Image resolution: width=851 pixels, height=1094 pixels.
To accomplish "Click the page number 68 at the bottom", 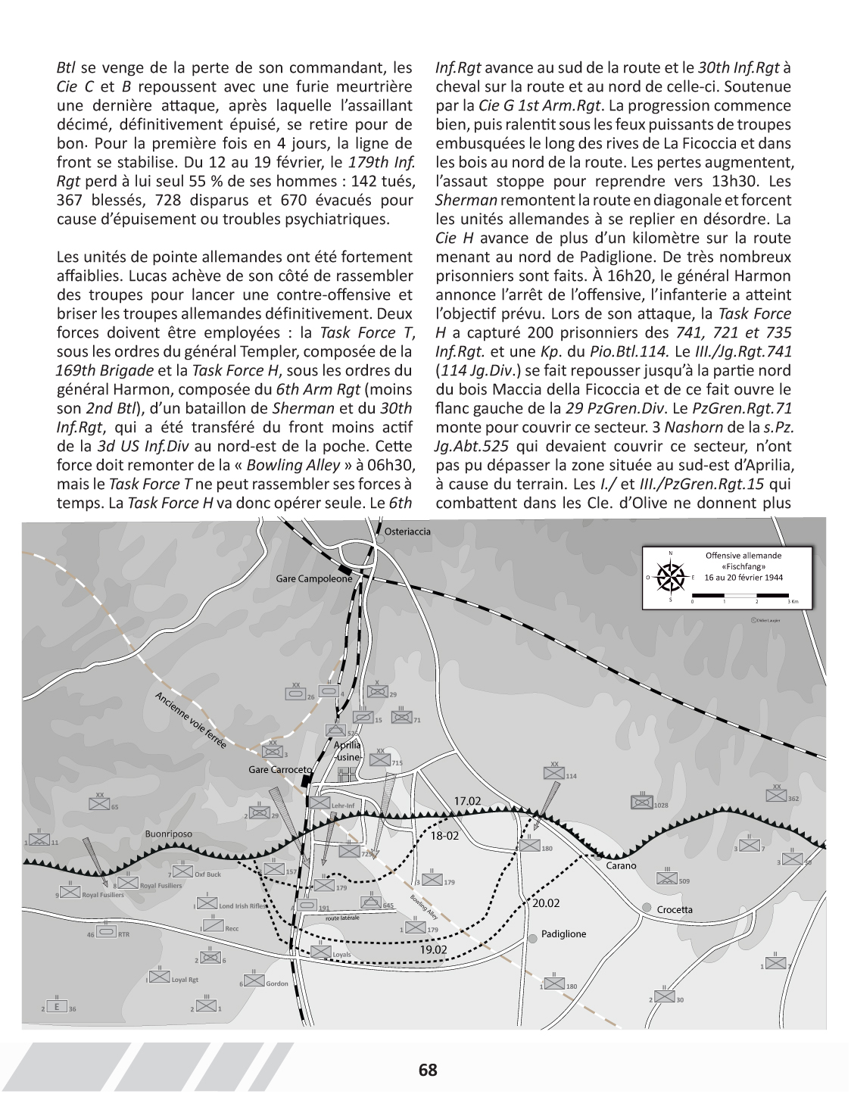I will tap(428, 1070).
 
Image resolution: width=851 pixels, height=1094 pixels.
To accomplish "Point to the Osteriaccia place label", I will tap(407, 531).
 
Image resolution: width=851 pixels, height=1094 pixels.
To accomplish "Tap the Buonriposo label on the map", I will tap(169, 834).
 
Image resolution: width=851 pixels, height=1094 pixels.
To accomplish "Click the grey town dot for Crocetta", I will tap(647, 908).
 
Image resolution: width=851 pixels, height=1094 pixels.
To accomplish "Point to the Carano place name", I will tap(621, 865).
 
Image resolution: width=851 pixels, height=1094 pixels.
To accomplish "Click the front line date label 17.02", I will tap(467, 801).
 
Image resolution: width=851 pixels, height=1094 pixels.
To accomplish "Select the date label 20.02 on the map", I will tap(546, 903).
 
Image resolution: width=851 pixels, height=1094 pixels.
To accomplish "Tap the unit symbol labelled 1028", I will tap(642, 803).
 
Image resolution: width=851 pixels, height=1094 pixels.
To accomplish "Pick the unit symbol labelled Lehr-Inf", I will tap(320, 805).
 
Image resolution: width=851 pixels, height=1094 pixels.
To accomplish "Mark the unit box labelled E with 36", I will tap(56, 1008).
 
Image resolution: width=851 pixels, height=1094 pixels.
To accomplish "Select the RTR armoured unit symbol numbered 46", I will tap(105, 933).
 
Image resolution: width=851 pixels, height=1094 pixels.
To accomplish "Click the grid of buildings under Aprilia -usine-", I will tap(346, 775).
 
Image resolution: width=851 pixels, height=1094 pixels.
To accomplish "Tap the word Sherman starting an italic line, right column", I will tap(466, 200).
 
